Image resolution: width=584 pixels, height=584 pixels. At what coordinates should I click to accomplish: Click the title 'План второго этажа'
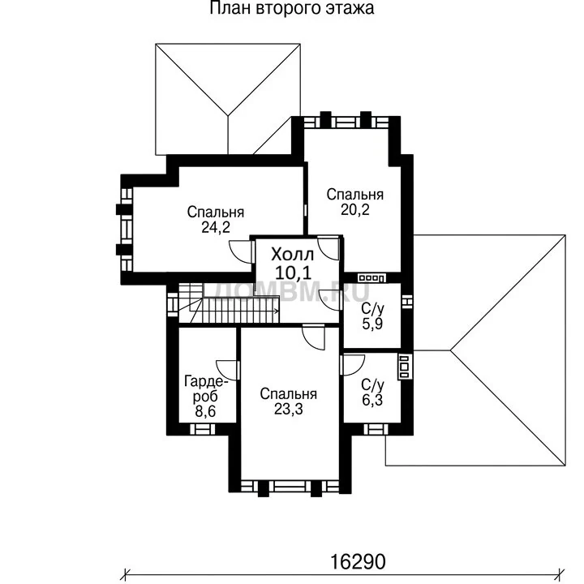point(292,8)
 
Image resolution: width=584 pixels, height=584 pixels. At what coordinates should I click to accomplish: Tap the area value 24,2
point(216,227)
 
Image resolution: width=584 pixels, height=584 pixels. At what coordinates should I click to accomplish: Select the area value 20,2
point(355,210)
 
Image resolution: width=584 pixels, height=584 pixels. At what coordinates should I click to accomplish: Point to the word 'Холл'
point(292,255)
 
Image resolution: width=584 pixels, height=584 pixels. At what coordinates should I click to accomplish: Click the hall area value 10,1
point(293,273)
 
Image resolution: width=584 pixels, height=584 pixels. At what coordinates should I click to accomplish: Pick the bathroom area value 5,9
point(372,324)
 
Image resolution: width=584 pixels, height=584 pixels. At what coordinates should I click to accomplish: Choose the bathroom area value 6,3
point(372,400)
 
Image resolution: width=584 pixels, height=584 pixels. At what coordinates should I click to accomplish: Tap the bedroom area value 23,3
point(288,409)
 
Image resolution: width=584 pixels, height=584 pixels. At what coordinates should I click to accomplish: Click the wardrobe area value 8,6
point(205,412)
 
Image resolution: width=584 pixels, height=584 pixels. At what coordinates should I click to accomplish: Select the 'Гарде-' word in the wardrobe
point(206,381)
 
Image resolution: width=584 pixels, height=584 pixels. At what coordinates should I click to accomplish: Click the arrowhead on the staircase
point(277,311)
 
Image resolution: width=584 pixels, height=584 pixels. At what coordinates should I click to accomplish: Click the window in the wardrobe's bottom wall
point(203,429)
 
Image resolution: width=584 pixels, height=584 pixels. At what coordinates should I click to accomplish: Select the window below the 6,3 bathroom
point(376,429)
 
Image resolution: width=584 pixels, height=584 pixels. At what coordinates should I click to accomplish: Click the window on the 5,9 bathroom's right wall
point(408,301)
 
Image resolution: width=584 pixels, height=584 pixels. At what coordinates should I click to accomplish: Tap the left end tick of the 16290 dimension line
point(126,573)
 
